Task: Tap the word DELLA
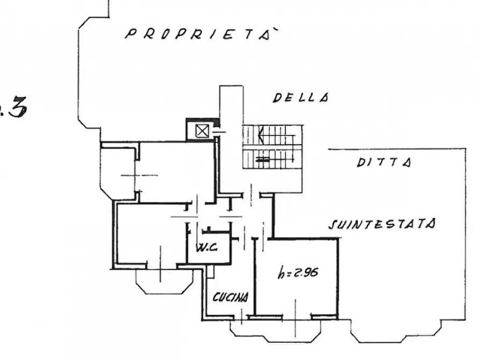click(301, 98)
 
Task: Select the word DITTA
click(384, 163)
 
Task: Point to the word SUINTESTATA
click(382, 224)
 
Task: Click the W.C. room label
click(207, 247)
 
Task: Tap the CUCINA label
click(231, 297)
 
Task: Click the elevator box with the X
click(202, 131)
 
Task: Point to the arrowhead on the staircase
click(261, 134)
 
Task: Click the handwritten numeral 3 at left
click(17, 106)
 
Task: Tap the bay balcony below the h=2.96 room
click(276, 331)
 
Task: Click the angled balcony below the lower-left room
click(164, 282)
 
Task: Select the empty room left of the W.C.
click(152, 234)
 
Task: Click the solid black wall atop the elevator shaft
click(202, 120)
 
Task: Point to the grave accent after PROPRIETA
click(275, 30)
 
